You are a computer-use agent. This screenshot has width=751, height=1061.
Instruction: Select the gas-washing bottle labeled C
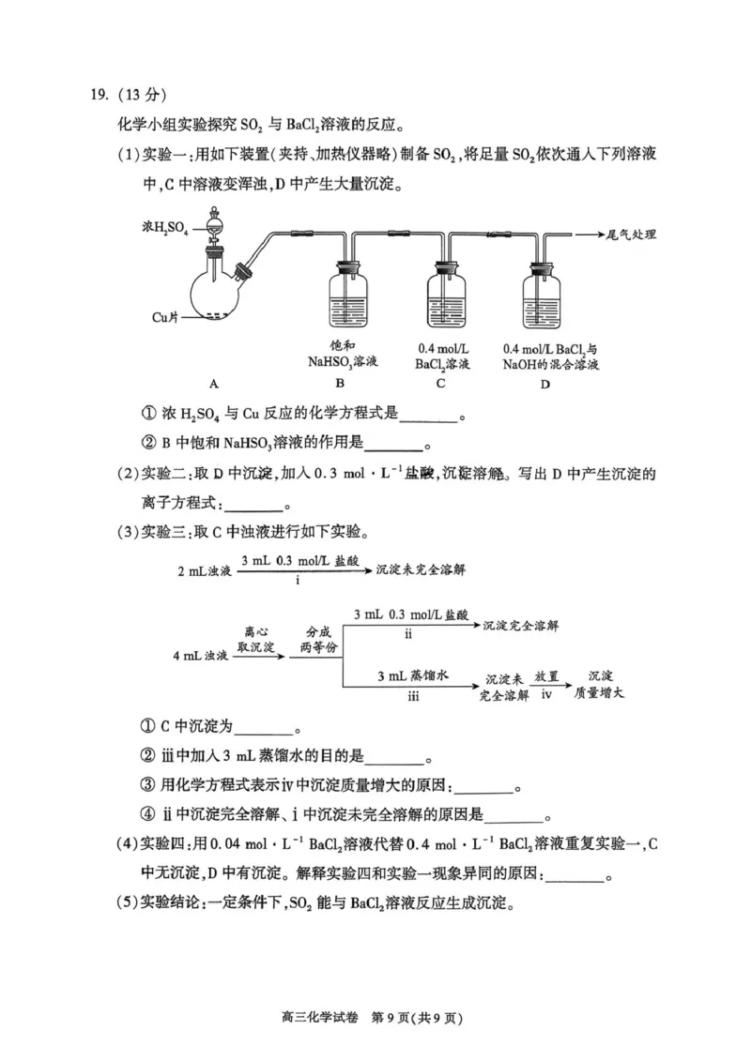pos(447,300)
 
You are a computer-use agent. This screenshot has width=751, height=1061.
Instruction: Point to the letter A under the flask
pos(214,384)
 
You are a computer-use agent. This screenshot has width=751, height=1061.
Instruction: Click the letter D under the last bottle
pos(548,384)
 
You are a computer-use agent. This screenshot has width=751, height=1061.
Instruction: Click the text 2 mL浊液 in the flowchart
pos(204,570)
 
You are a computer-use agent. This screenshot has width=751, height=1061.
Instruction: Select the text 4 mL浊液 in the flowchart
pos(202,655)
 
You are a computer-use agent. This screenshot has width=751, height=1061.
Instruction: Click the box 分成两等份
pos(318,639)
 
